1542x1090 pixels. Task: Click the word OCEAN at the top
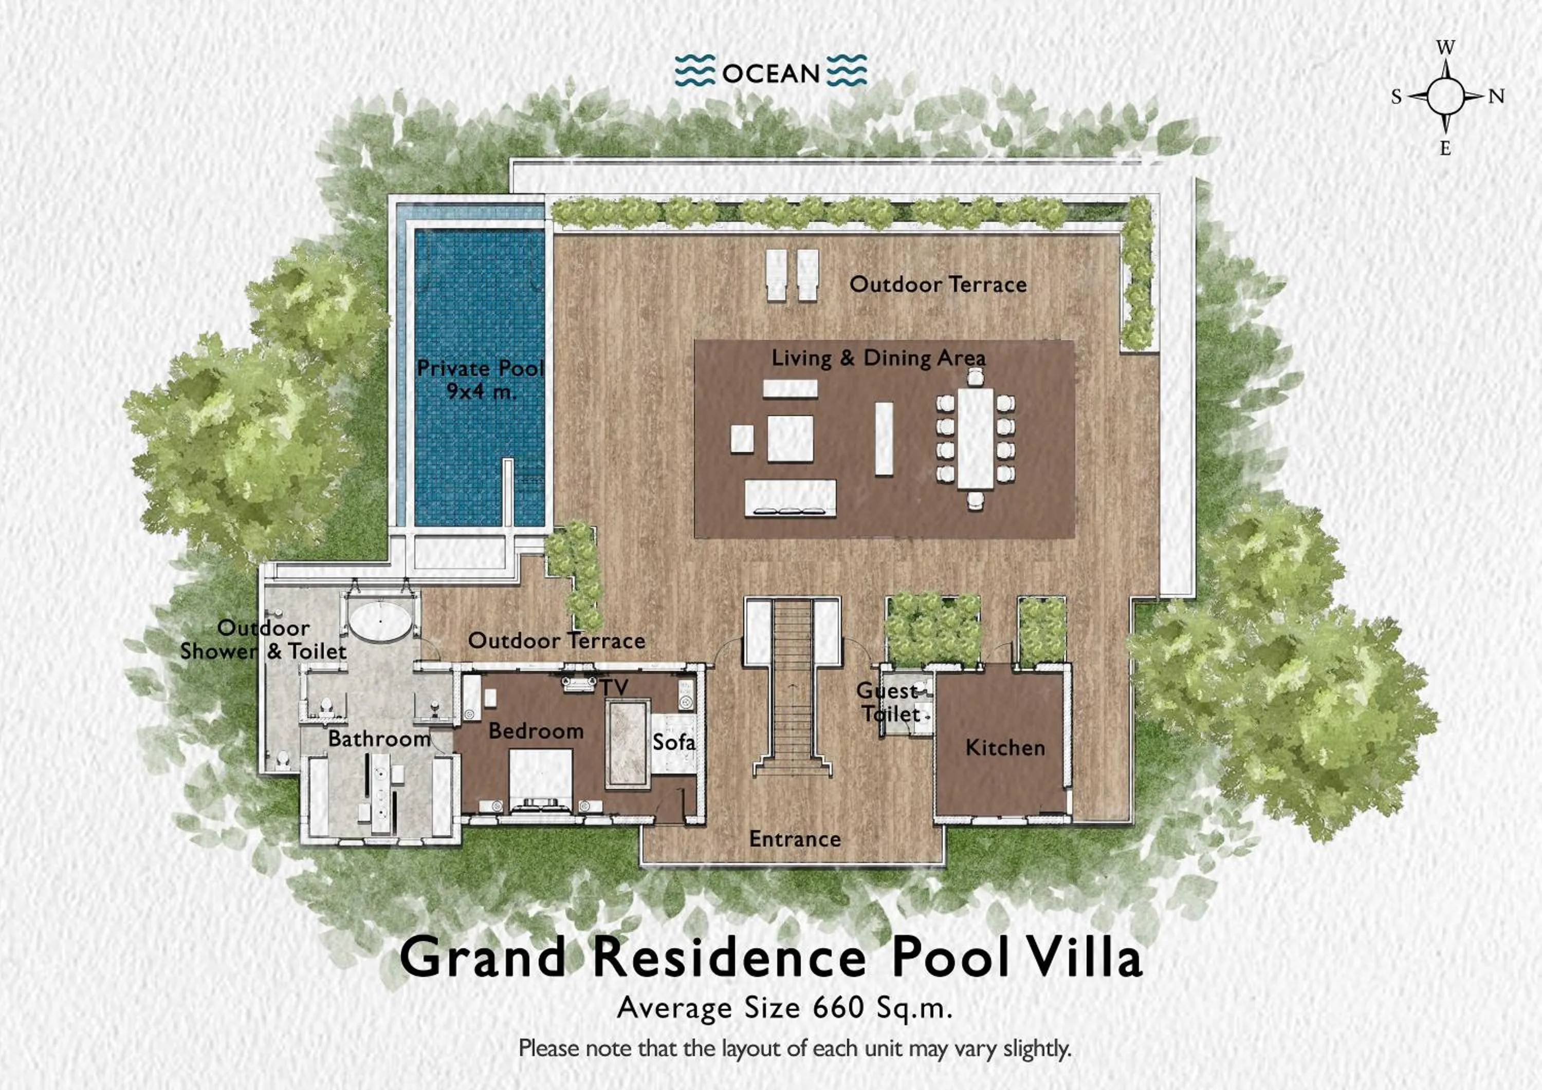pos(770,73)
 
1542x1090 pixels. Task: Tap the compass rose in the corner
pos(1445,97)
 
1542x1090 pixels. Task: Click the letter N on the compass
pos(1496,97)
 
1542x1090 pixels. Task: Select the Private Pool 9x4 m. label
pos(480,379)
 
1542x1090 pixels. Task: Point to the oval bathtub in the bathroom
pos(380,622)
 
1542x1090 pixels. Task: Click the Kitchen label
pos(1005,748)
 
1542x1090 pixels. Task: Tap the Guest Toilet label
pos(889,702)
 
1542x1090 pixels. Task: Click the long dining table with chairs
pos(975,438)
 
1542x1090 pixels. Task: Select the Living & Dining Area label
pos(878,358)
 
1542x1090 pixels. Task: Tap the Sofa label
pos(674,742)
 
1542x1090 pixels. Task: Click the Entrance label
pos(795,839)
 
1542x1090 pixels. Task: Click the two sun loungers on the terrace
pos(793,274)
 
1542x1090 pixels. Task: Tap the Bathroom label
pos(379,739)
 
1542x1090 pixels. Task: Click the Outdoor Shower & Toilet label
pos(263,640)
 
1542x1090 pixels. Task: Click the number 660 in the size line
pos(837,1007)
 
